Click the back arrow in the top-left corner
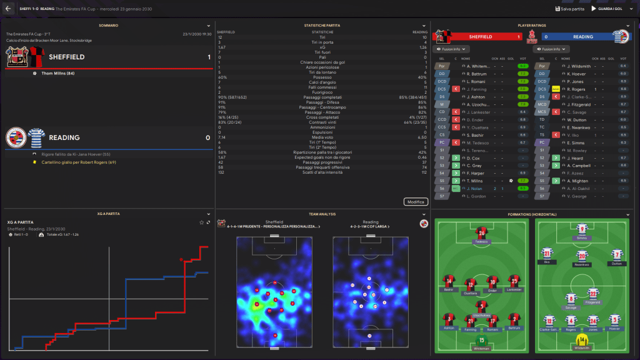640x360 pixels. (x=8, y=9)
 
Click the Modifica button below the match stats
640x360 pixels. (x=416, y=202)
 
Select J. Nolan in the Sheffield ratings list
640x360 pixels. (x=474, y=188)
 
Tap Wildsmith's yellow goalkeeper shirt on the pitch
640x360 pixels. (x=582, y=340)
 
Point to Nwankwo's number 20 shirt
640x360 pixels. (x=582, y=256)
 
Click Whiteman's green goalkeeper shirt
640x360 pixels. (x=481, y=340)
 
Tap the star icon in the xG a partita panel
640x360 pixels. (x=201, y=222)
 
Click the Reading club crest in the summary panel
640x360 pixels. (x=16, y=137)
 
